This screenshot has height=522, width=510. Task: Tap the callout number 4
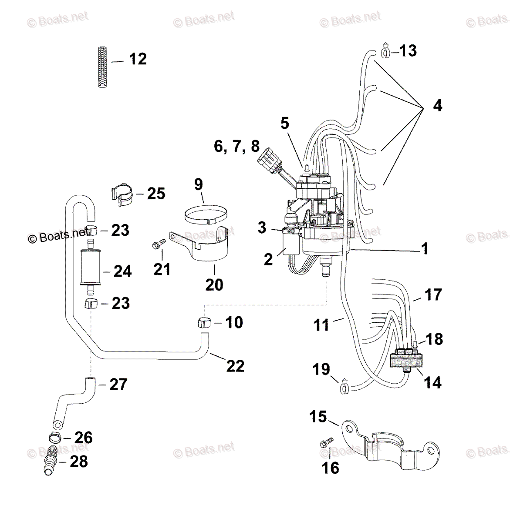coord(437,106)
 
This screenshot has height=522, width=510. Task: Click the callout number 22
coord(235,366)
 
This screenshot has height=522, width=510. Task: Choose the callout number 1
coord(424,249)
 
